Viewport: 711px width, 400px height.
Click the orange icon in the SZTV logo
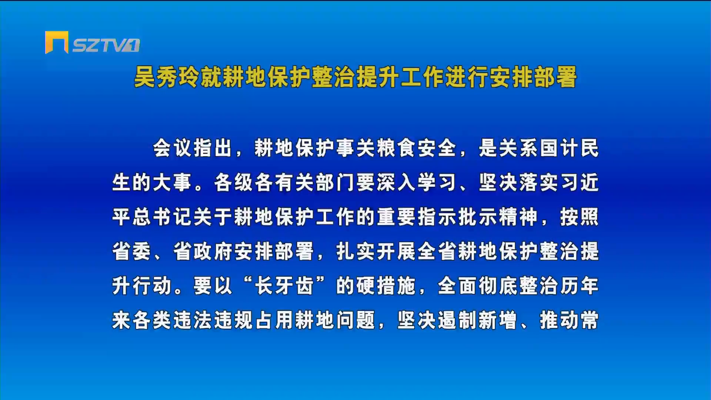point(57,42)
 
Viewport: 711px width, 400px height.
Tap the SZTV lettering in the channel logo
point(106,45)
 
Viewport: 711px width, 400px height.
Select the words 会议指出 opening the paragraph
point(193,148)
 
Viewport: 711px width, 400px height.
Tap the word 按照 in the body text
point(580,217)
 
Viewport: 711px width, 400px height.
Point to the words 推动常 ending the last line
point(569,320)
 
